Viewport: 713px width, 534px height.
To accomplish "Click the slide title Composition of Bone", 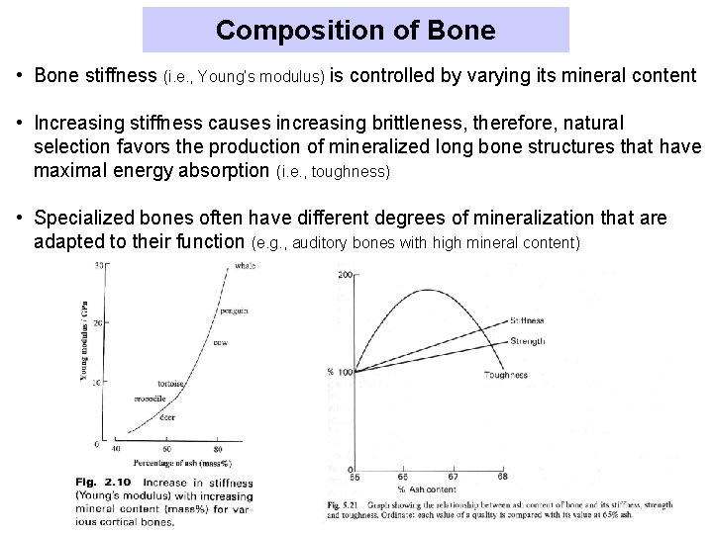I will click(x=356, y=30).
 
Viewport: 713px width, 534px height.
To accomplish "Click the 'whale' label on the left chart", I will click(x=246, y=265).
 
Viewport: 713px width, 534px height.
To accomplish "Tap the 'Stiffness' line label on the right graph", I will click(x=527, y=321).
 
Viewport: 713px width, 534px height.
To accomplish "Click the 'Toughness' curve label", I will click(x=506, y=375).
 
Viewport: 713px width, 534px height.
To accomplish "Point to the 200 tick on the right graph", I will click(x=344, y=274).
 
